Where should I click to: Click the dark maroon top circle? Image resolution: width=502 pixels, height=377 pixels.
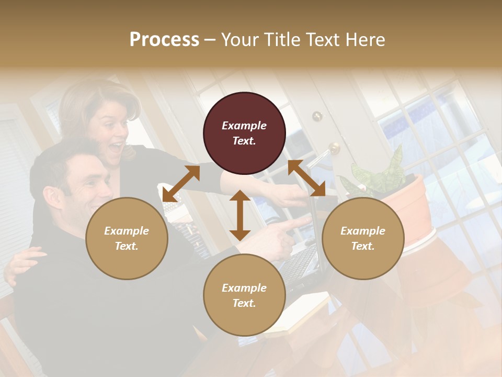[x=244, y=133]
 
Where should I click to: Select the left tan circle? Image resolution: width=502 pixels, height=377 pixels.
[x=127, y=238]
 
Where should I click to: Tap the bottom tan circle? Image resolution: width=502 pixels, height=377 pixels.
[x=244, y=295]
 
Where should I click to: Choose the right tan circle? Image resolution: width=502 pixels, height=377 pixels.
[x=363, y=238]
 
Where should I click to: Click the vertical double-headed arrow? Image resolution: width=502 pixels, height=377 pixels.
[x=240, y=215]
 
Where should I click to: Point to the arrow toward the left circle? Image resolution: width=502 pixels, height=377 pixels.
[x=181, y=184]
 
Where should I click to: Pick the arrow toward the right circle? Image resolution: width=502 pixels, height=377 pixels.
[x=306, y=179]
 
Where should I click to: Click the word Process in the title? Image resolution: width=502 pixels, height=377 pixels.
[x=164, y=40]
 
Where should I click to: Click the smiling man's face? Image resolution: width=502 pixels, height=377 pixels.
[x=86, y=191]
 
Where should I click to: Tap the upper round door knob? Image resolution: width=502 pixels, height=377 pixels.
[x=317, y=116]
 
